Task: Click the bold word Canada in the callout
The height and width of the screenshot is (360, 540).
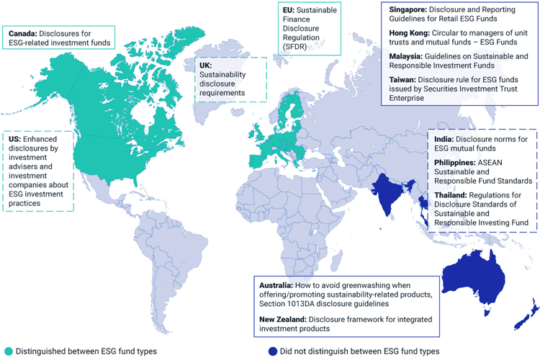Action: [22, 34]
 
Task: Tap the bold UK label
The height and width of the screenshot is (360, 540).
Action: [205, 65]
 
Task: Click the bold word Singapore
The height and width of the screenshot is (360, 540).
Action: [409, 10]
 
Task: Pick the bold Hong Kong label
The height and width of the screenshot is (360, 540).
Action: [410, 33]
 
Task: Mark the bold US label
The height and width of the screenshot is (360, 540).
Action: [14, 137]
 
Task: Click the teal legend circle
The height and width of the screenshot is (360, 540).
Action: [8, 351]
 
